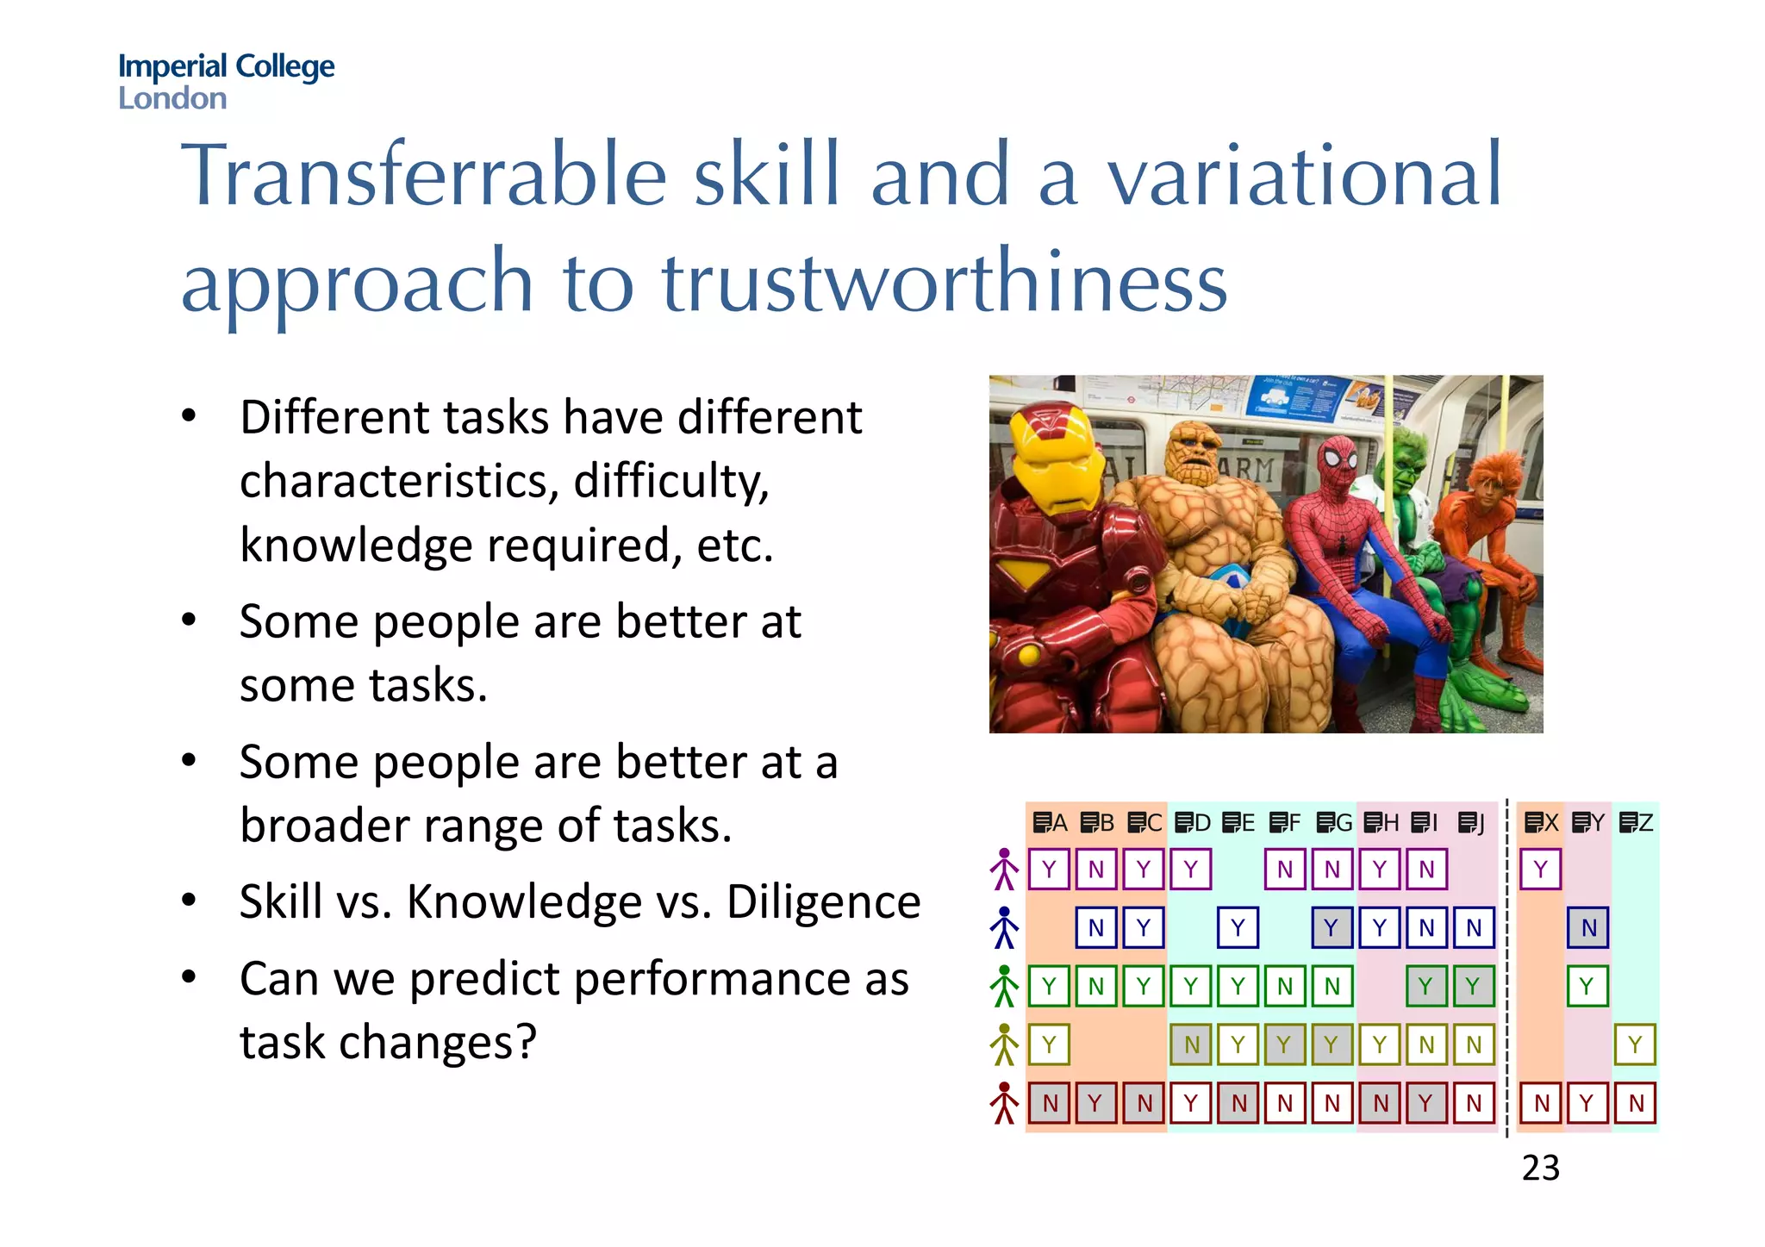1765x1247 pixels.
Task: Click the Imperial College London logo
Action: [x=226, y=81]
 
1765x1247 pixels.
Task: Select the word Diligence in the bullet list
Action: [x=823, y=902]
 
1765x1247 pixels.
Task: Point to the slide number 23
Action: [x=1540, y=1168]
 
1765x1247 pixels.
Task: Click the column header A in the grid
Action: [x=1050, y=823]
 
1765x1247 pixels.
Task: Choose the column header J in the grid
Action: [x=1472, y=823]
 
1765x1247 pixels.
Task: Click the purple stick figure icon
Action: [x=1004, y=869]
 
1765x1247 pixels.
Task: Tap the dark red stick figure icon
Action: [x=1004, y=1102]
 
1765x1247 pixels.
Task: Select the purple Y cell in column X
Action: [x=1540, y=869]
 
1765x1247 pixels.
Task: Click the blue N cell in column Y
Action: [x=1587, y=928]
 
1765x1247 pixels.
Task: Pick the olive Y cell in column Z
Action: [x=1635, y=1045]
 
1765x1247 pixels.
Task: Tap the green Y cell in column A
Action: [x=1049, y=986]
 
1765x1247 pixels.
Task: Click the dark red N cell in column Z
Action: [x=1635, y=1103]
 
